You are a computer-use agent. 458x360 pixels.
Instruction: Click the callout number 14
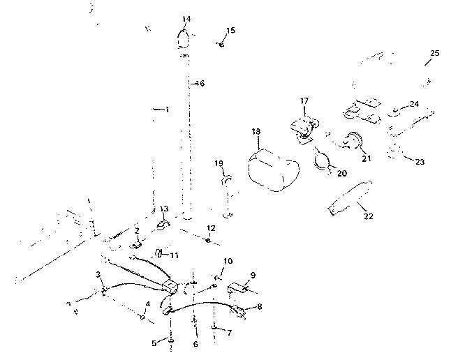185,19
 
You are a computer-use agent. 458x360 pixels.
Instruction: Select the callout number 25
434,54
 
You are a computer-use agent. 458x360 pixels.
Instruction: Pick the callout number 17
304,101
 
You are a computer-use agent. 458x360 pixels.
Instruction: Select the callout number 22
368,216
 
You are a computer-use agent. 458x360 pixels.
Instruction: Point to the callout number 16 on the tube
200,84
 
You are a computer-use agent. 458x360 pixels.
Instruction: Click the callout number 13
163,209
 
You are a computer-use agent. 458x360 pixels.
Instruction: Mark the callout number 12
211,228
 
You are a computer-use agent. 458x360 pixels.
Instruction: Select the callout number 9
253,275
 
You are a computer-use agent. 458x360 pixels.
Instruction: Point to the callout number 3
98,275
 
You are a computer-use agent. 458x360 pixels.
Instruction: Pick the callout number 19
218,163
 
